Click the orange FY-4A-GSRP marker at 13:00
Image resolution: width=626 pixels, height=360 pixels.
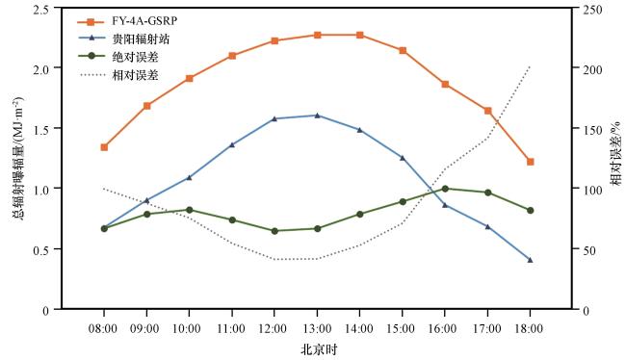[317, 35]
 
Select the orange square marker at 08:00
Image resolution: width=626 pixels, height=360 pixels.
[104, 147]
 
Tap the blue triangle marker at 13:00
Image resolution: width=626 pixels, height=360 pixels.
[317, 116]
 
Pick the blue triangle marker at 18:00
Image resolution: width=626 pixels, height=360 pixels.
[531, 260]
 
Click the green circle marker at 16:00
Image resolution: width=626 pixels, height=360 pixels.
[445, 189]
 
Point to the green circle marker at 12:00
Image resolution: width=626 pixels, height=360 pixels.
[274, 231]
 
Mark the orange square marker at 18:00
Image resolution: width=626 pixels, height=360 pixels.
[531, 162]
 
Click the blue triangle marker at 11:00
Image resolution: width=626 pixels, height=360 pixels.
[232, 144]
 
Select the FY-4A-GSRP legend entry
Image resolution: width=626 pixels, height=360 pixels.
[127, 21]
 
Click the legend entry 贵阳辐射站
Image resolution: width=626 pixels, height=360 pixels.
[123, 39]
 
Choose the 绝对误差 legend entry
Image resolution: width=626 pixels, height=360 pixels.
[117, 57]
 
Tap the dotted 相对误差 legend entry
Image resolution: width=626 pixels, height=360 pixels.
[117, 75]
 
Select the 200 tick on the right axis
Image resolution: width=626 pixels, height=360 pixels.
[592, 69]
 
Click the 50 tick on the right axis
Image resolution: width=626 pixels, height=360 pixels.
[589, 250]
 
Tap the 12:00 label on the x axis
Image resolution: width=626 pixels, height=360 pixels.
[274, 328]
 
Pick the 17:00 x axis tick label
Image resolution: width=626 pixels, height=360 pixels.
[487, 328]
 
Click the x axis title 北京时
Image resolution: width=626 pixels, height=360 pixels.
[319, 350]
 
